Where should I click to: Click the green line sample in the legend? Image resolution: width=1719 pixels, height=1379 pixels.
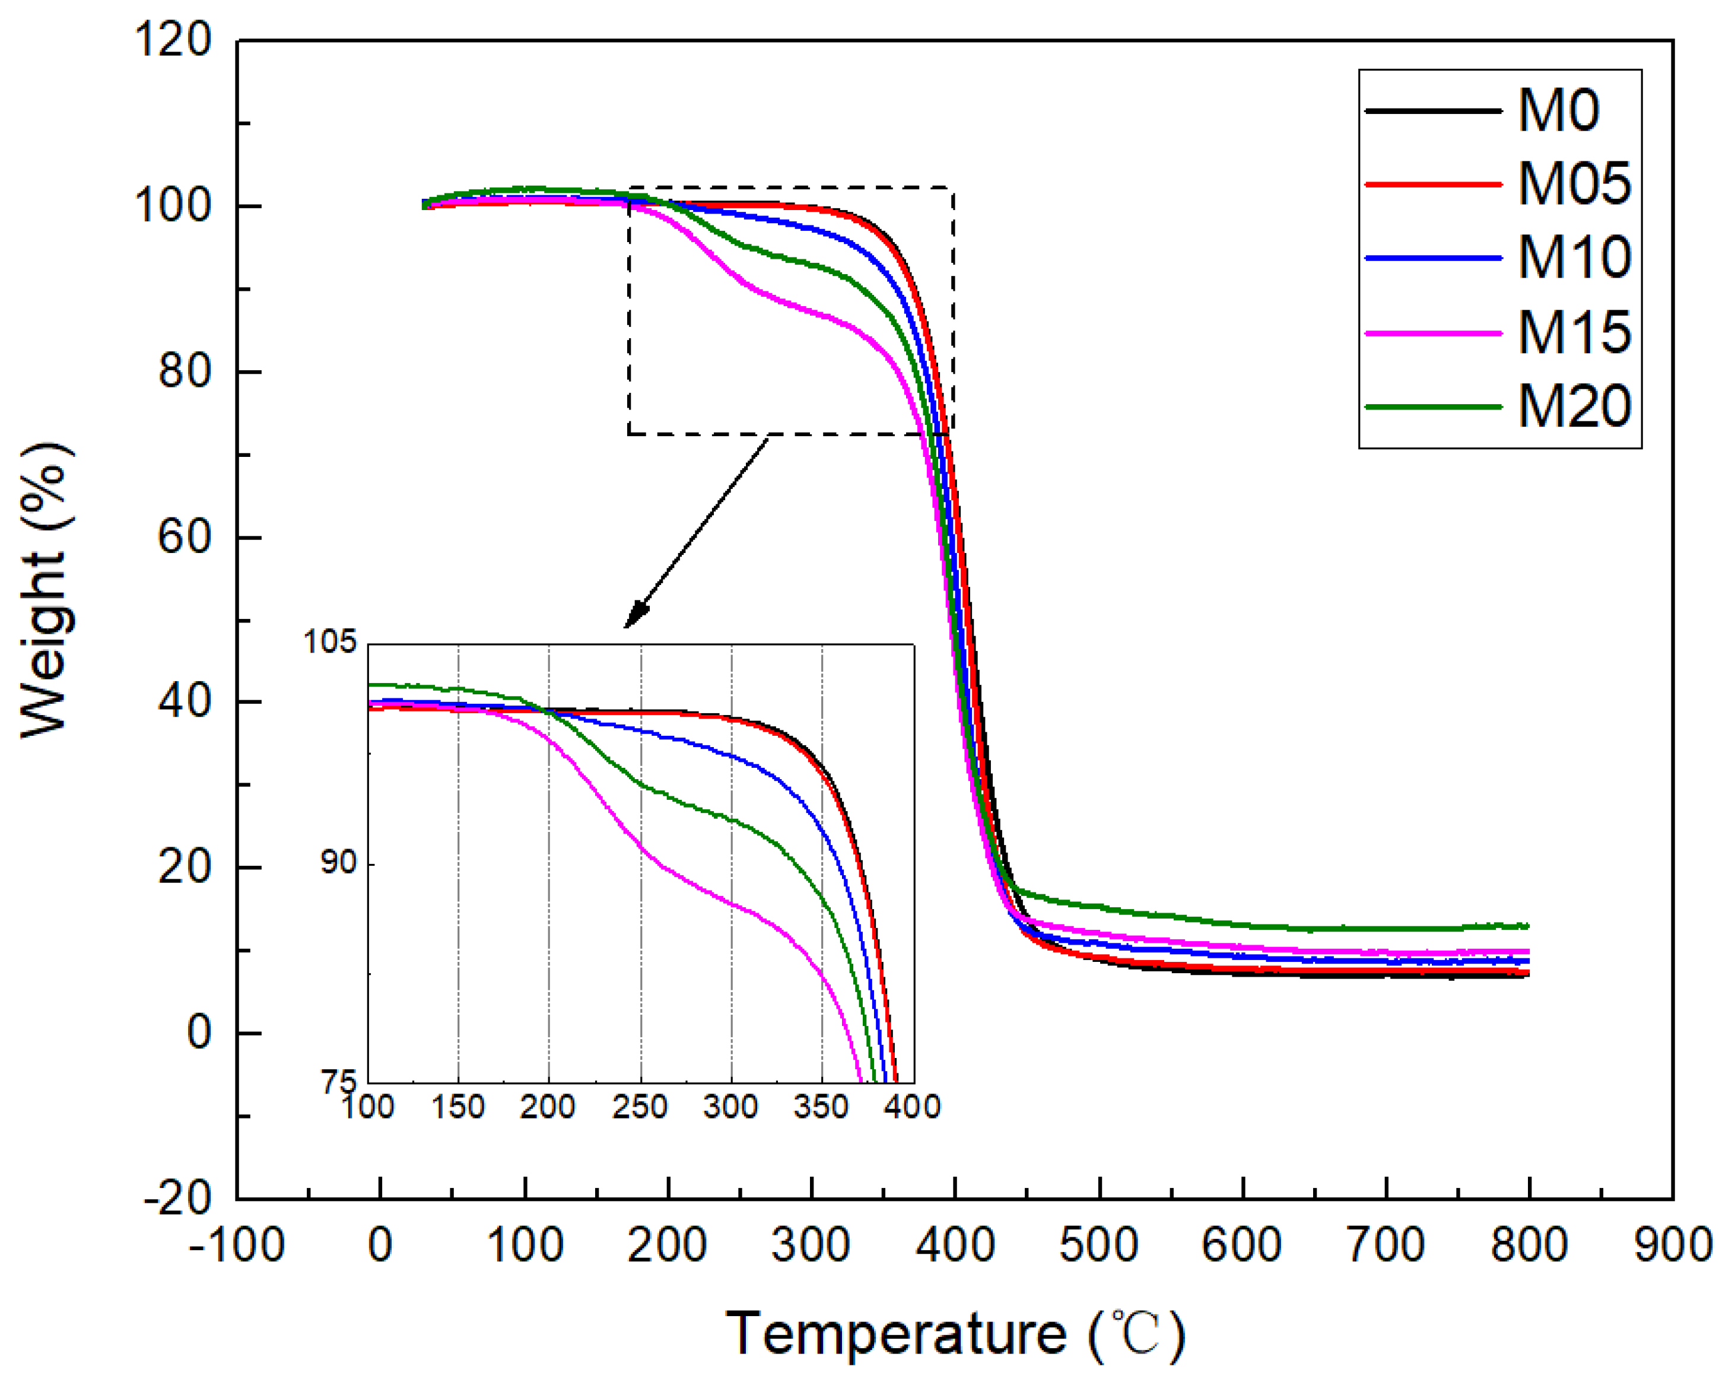(1433, 406)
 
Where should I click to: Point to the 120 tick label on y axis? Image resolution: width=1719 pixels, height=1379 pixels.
(173, 39)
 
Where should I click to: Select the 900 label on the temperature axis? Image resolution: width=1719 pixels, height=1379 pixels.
(1672, 1245)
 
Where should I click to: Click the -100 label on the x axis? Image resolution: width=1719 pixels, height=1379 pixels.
(237, 1245)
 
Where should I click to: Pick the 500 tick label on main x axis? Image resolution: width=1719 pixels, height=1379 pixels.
(1099, 1245)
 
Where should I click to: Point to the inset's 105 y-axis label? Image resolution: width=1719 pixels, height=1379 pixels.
(329, 641)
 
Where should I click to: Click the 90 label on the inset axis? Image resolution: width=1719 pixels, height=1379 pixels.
(339, 863)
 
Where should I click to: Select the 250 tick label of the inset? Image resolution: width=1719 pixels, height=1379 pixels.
(640, 1107)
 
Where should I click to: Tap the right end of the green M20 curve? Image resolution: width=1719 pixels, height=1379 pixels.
(1526, 926)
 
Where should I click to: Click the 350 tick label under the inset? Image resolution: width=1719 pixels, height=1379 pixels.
(821, 1107)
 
